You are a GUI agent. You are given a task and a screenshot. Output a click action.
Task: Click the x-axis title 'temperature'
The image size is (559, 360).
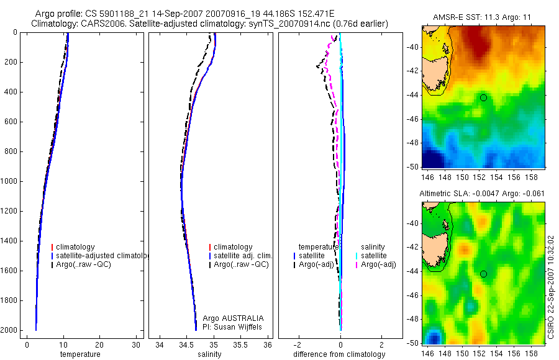(x=80, y=354)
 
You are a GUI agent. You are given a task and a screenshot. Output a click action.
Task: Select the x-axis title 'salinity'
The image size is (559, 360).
(x=209, y=354)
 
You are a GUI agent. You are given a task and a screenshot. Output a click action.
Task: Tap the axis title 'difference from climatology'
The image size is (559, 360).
(x=340, y=354)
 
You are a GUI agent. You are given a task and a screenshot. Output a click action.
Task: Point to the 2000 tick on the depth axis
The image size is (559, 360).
(x=10, y=330)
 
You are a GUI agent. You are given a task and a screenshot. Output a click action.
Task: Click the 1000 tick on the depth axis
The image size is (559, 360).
(x=10, y=181)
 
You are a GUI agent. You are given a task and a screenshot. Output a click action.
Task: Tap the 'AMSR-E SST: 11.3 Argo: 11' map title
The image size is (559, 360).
(x=483, y=17)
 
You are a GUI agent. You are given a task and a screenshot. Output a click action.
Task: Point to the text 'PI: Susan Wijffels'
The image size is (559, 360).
(x=233, y=326)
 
